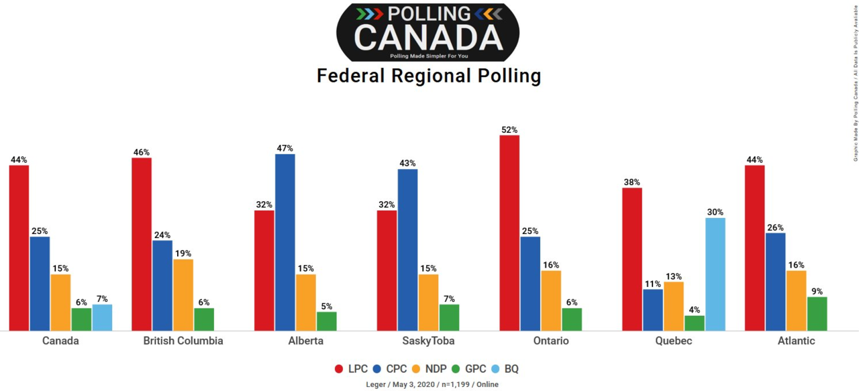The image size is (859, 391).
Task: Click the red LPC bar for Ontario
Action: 509,233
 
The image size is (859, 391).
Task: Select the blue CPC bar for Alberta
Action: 285,242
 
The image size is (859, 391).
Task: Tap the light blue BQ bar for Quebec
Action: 715,274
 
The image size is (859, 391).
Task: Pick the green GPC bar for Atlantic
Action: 817,313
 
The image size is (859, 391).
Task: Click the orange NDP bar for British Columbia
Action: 183,294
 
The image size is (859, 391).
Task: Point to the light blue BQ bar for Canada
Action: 102,317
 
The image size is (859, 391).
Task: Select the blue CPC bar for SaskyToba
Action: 407,249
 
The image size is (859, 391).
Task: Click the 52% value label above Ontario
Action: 509,129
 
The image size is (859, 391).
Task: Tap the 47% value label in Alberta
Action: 285,148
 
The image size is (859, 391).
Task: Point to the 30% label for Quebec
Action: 715,212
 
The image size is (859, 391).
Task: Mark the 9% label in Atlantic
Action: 817,291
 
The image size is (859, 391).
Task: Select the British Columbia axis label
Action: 183,341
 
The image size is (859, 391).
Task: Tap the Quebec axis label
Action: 673,341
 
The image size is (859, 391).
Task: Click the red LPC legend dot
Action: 339,369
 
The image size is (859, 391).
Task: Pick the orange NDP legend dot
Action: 414,369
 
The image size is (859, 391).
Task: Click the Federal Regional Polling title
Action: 429,76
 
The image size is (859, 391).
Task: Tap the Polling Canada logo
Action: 427,32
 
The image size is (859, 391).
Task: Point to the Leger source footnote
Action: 432,384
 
